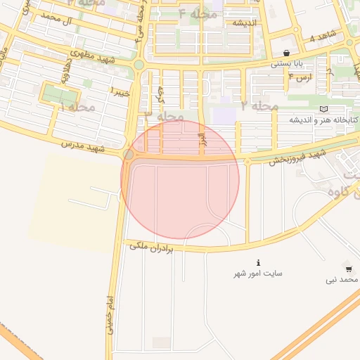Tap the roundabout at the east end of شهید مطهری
click(x=139, y=65)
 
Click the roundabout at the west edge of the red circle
click(x=129, y=154)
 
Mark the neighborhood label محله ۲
click(x=260, y=105)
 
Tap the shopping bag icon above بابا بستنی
click(x=286, y=53)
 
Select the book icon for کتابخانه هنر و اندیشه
click(x=323, y=109)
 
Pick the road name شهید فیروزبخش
click(x=297, y=156)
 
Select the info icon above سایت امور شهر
click(x=258, y=262)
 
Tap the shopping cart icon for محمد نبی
click(x=349, y=269)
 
